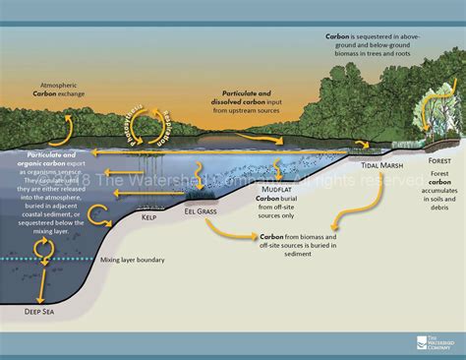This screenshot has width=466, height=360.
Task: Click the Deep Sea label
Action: tap(38, 312)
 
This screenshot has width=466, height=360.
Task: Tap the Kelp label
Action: tap(150, 217)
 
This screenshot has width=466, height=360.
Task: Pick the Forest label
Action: tap(439, 158)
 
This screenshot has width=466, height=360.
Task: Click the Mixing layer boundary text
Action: tap(133, 261)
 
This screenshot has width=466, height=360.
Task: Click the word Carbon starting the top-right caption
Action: tap(338, 34)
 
